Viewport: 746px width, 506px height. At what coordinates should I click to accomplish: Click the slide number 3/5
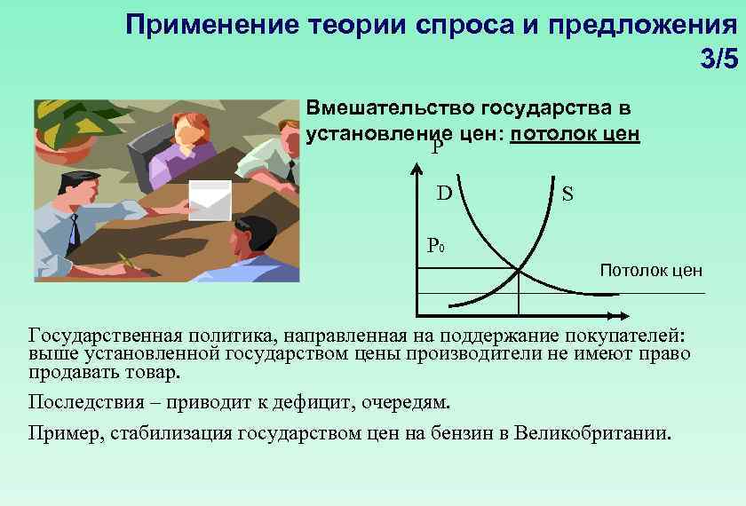718,59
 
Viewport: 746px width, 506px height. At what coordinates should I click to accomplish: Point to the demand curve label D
444,193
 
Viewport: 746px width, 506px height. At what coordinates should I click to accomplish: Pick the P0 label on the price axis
435,244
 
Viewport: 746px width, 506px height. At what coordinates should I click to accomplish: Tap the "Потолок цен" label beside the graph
651,270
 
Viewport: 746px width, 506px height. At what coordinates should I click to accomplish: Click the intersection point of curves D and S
519,269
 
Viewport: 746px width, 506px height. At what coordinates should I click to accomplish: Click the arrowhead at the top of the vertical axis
417,166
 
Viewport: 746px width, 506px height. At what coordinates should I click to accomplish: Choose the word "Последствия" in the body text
79,402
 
